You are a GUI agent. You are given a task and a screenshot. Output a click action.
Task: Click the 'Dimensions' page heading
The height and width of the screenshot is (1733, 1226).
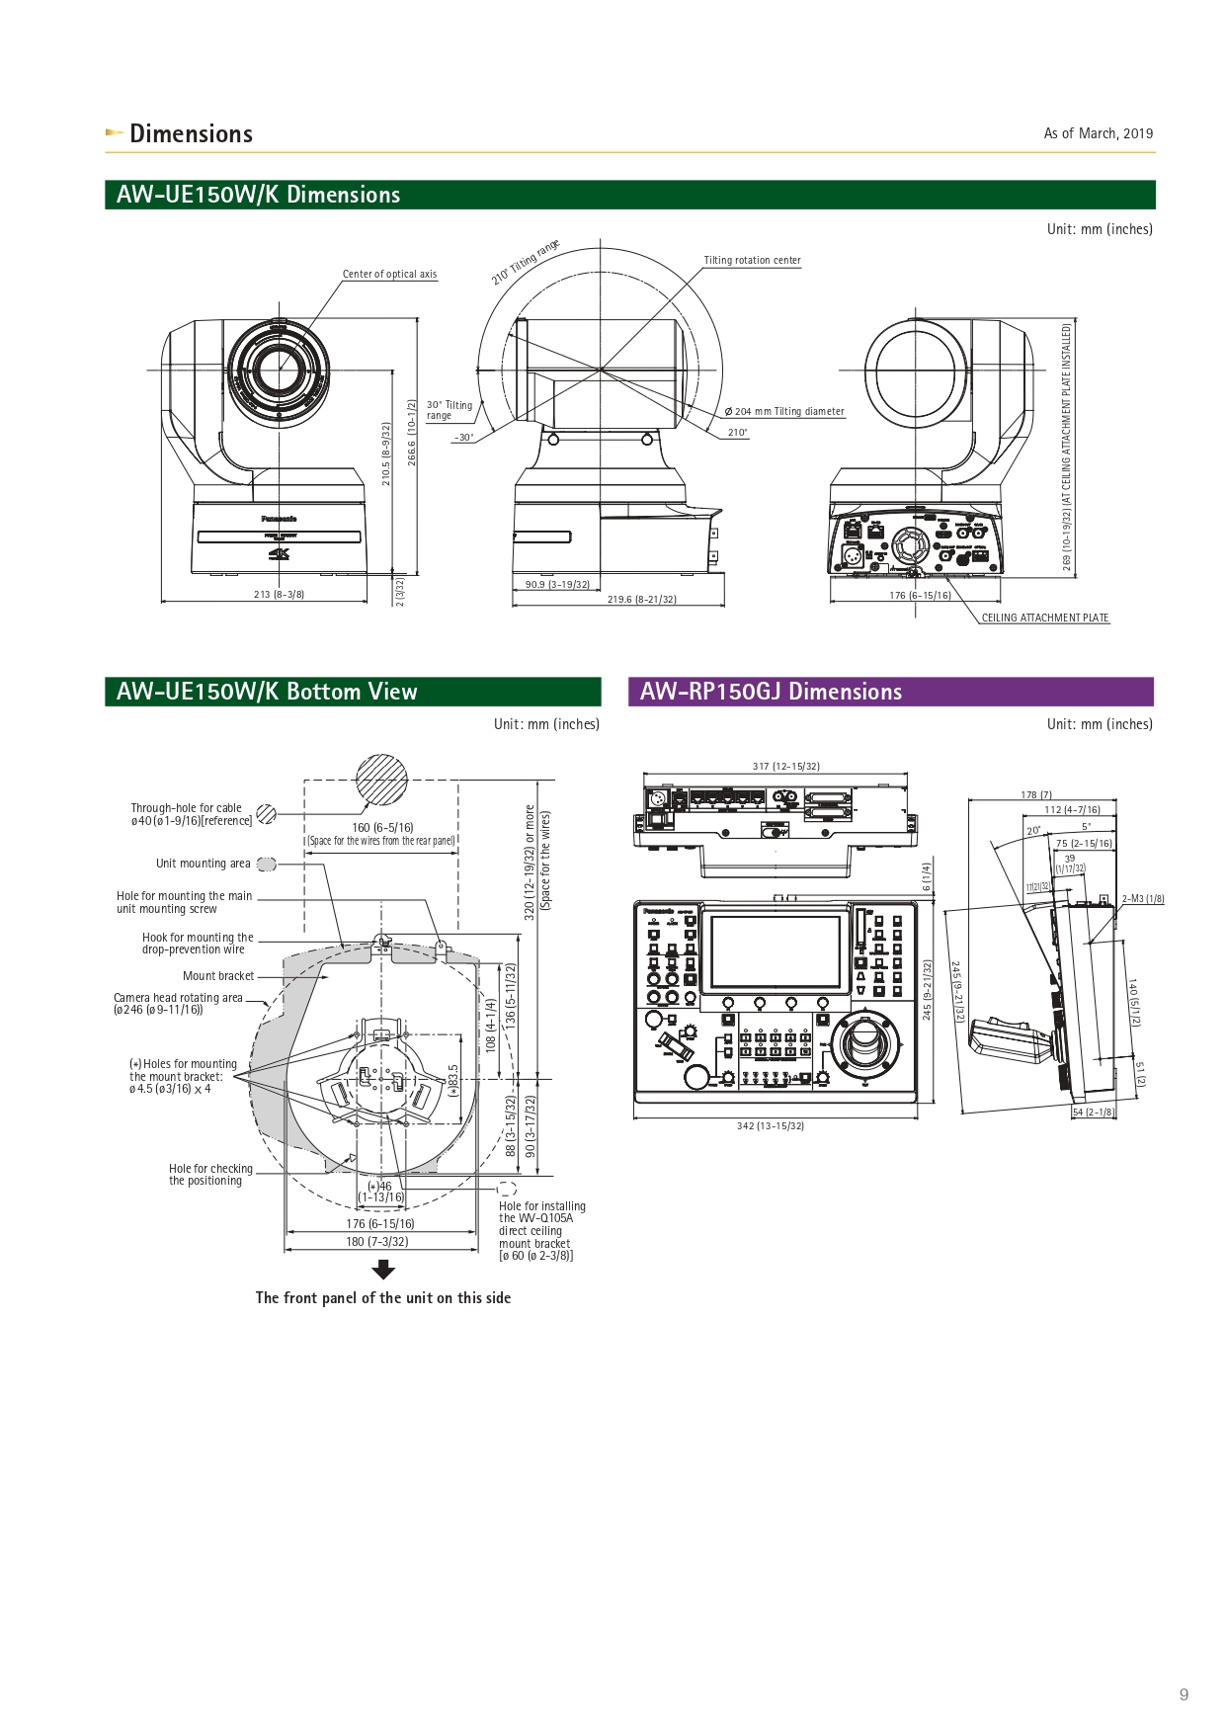191,134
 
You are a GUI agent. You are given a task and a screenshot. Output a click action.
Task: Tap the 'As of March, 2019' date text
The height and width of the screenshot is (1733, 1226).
1098,133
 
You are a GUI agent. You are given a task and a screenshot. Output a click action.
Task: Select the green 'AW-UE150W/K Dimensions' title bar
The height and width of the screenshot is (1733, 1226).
629,195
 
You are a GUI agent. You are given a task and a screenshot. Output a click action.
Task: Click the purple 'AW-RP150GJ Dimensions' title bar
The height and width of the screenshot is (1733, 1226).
890,692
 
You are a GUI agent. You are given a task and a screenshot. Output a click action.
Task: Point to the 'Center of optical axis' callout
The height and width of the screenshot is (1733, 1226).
389,275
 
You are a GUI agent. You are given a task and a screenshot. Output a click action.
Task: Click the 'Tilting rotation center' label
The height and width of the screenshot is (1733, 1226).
752,261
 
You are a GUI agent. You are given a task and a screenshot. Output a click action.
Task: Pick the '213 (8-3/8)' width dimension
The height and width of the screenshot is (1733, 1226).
279,595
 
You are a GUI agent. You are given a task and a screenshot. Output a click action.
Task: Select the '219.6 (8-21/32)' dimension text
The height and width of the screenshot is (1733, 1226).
641,600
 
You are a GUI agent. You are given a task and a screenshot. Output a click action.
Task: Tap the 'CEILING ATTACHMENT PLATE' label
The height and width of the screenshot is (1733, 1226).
1044,619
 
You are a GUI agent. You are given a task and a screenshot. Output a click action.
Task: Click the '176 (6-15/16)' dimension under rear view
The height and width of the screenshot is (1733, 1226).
920,596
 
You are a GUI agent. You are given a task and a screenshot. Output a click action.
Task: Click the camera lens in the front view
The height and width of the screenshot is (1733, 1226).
280,371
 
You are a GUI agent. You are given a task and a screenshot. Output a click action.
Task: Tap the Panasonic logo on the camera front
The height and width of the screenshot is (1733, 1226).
279,519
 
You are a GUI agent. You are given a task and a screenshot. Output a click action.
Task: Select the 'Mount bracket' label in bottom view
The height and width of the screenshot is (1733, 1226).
218,976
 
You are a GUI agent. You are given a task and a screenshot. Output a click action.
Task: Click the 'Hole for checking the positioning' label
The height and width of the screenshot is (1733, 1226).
209,1175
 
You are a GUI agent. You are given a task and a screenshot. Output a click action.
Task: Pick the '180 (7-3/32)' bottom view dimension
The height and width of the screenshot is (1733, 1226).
376,1242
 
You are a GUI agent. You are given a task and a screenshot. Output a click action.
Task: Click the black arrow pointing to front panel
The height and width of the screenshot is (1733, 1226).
383,1270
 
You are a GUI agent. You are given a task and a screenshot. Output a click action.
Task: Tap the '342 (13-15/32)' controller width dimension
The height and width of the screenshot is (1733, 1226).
771,1126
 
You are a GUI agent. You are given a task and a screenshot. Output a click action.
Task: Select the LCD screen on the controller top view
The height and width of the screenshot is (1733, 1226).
776,951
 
